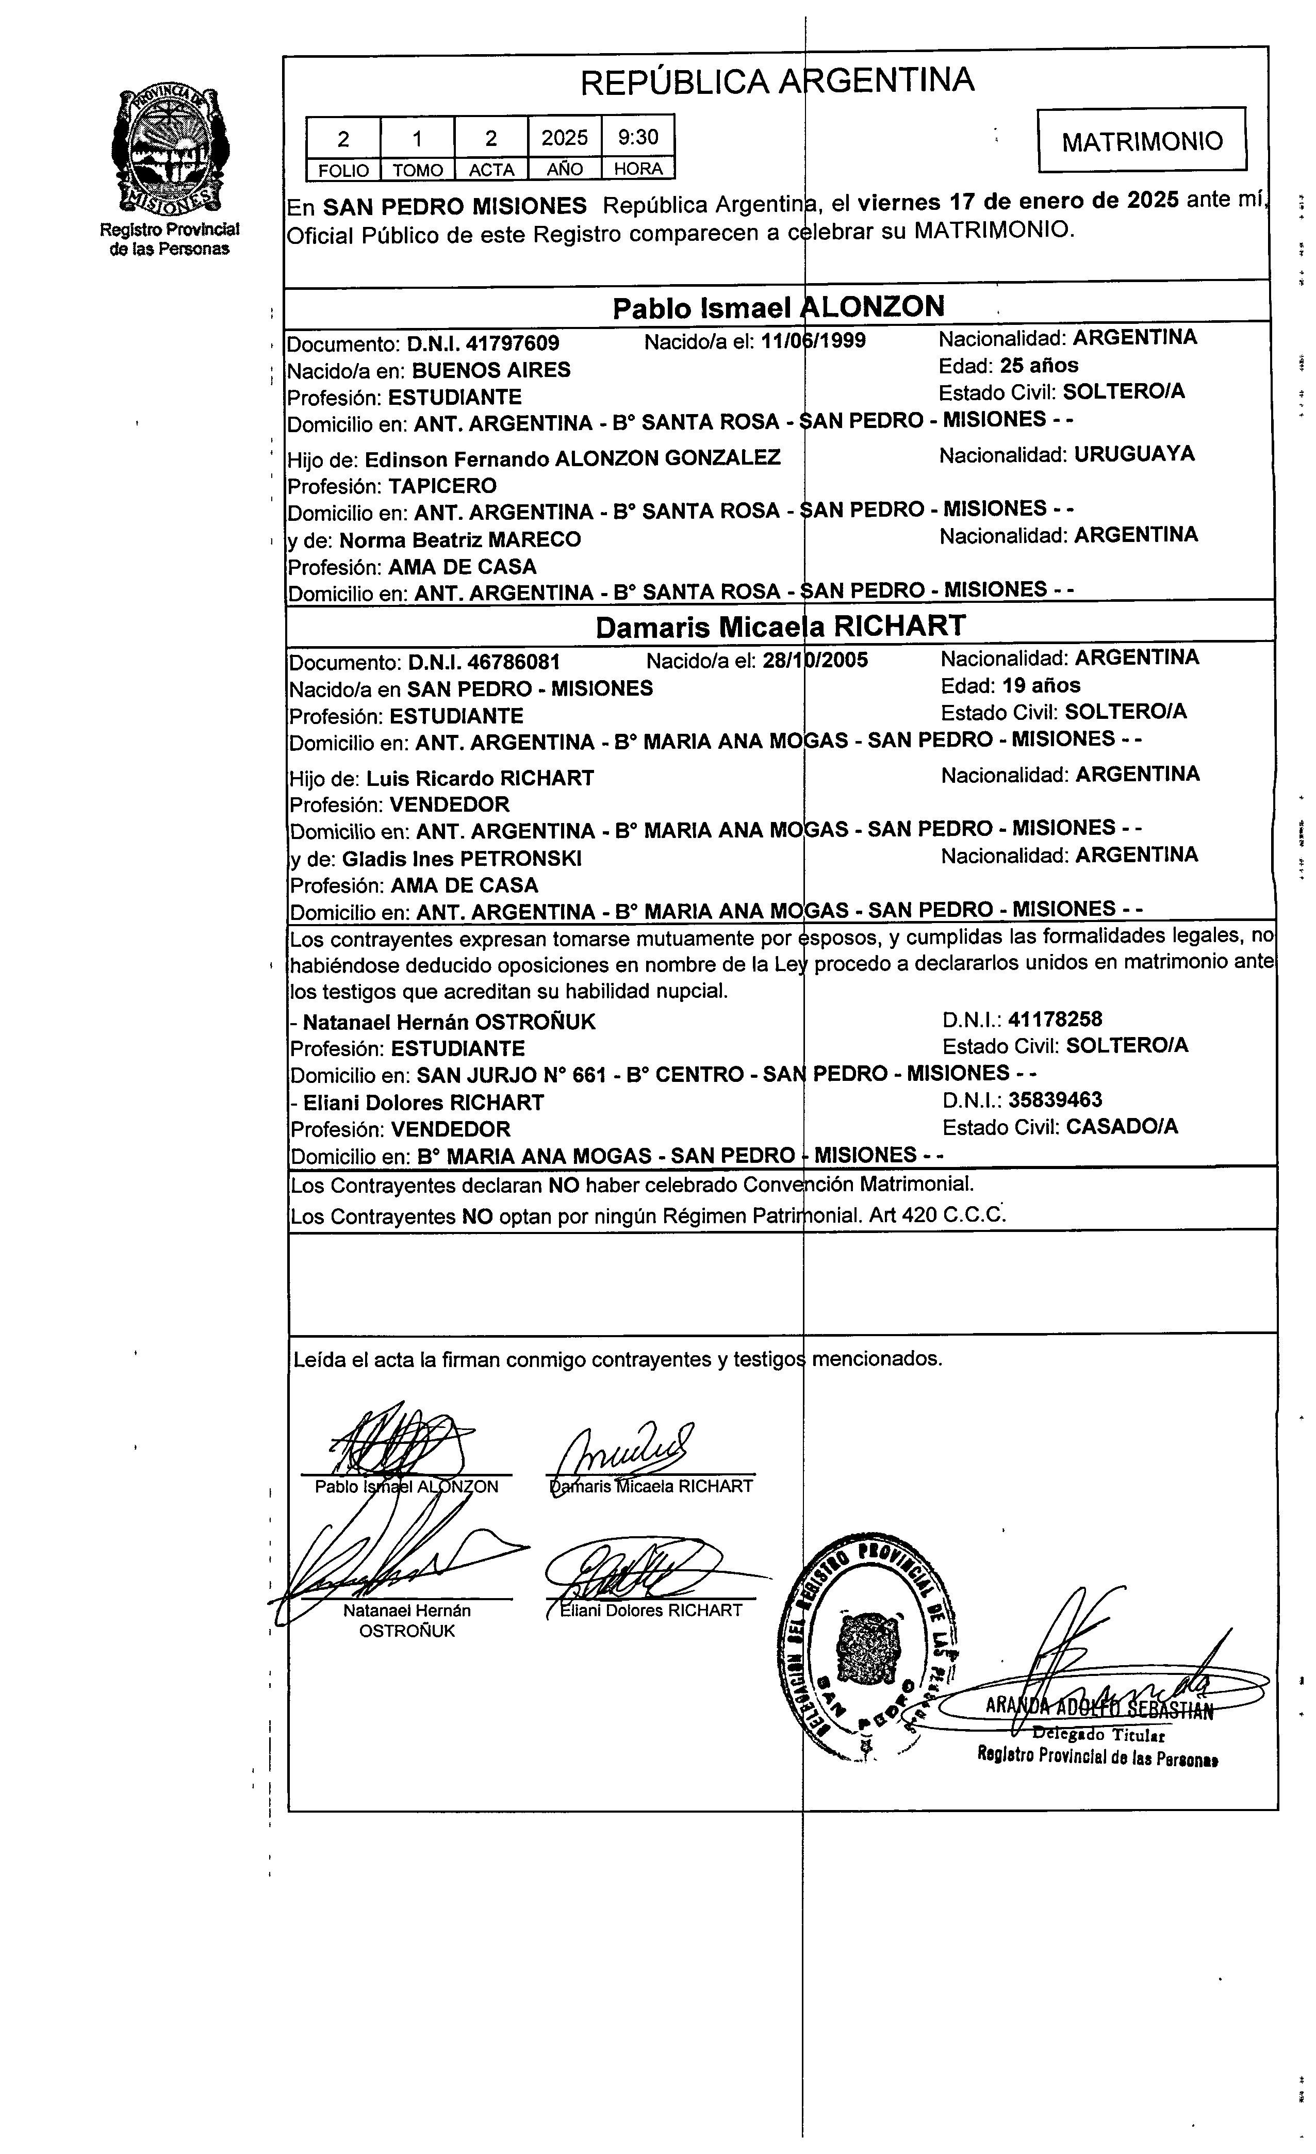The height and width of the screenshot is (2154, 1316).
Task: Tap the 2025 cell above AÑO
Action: (564, 137)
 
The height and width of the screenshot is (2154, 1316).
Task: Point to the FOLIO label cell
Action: (343, 170)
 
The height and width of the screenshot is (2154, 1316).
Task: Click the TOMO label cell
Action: (417, 170)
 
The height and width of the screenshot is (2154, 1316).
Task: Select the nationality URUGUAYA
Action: (1134, 454)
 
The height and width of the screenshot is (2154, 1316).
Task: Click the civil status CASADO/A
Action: (1122, 1127)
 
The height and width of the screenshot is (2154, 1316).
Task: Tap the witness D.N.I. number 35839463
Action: (1055, 1100)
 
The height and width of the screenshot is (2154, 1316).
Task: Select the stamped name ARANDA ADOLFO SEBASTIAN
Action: (1099, 1709)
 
